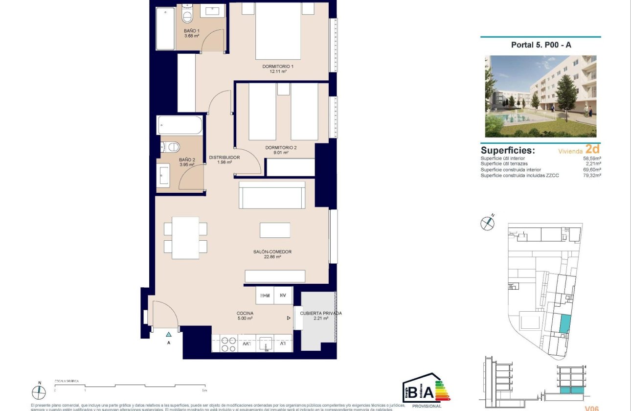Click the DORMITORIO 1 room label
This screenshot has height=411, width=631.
click(x=277, y=69)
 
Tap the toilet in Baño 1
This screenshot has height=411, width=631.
click(x=186, y=15)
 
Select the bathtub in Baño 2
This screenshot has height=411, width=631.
click(x=180, y=125)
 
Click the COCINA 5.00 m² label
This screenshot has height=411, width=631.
click(x=244, y=316)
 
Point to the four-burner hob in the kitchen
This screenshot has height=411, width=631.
click(x=227, y=343)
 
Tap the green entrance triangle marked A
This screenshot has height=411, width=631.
click(x=168, y=335)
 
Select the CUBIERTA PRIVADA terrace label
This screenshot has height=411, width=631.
click(x=320, y=316)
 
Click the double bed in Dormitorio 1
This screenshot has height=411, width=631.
click(x=277, y=32)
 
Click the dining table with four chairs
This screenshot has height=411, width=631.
click(x=185, y=238)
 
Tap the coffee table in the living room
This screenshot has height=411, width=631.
click(x=274, y=230)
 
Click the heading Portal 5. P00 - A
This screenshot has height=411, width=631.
click(x=541, y=45)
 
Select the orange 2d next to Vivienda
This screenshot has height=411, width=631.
click(x=592, y=150)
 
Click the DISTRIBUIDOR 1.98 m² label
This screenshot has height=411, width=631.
click(x=224, y=160)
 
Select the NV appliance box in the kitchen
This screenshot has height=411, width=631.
click(x=283, y=295)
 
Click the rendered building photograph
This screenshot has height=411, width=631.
click(x=541, y=96)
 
